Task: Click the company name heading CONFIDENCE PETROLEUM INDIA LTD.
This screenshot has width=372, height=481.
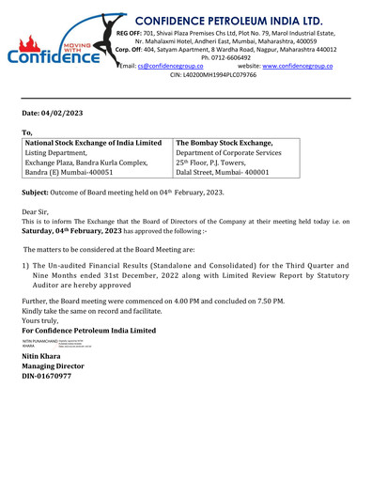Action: point(241,20)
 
